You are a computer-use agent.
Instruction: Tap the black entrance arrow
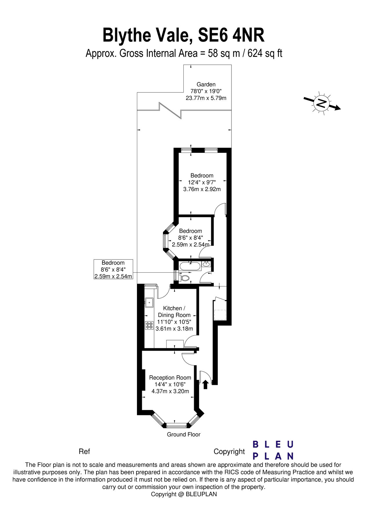pyautogui.click(x=205, y=385)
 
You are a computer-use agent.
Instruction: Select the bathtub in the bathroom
pyautogui.click(x=190, y=266)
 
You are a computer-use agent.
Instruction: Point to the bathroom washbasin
pyautogui.click(x=207, y=264)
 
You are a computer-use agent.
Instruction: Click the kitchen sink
pyautogui.click(x=149, y=303)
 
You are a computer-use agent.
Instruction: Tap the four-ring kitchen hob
pyautogui.click(x=149, y=325)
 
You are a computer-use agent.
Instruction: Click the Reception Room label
pyautogui.click(x=170, y=378)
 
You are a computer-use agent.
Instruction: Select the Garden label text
pyautogui.click(x=206, y=84)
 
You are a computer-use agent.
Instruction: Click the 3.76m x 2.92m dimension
pyautogui.click(x=202, y=189)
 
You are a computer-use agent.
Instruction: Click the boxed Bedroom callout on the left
pyautogui.click(x=113, y=269)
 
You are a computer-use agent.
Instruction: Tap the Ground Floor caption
pyautogui.click(x=184, y=434)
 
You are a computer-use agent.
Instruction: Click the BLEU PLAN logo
pyautogui.click(x=273, y=450)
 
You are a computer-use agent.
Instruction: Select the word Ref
pyautogui.click(x=84, y=452)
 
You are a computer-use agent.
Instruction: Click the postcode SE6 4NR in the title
pyautogui.click(x=231, y=35)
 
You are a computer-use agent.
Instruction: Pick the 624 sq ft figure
pyautogui.click(x=265, y=54)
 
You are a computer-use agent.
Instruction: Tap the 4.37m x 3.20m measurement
pyautogui.click(x=170, y=391)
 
